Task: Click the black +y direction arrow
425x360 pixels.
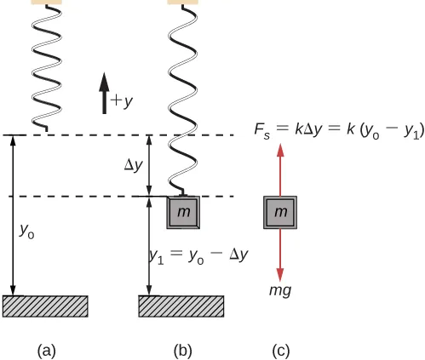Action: (x=104, y=93)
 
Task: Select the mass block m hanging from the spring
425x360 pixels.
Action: (x=183, y=211)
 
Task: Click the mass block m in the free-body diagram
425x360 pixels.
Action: (x=280, y=212)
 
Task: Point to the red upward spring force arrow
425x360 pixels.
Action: (x=280, y=170)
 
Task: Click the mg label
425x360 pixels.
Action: (x=280, y=290)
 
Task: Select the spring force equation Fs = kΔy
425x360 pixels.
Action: (x=339, y=129)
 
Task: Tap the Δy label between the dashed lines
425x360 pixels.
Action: (x=133, y=165)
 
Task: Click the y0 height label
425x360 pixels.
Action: (x=27, y=230)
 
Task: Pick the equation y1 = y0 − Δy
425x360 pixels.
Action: (x=198, y=254)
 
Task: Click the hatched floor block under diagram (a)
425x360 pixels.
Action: (x=45, y=306)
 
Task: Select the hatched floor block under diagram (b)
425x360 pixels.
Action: (x=181, y=306)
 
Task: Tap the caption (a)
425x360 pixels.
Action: (x=47, y=349)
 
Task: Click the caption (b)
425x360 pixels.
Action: (x=182, y=349)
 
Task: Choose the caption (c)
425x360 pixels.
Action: (x=280, y=349)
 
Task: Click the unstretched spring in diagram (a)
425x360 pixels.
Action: (x=45, y=68)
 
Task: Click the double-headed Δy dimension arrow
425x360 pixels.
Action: (x=150, y=165)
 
